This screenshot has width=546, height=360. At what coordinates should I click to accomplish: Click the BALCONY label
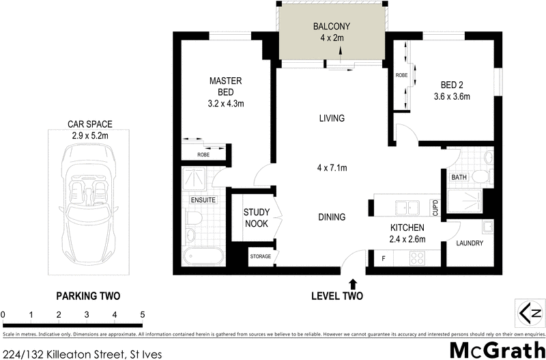pos(332,27)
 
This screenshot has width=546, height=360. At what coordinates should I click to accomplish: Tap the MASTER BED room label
pos(225,86)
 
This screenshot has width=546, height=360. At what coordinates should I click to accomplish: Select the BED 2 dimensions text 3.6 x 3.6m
pos(452,96)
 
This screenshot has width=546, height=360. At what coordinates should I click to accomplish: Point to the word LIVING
pos(332,118)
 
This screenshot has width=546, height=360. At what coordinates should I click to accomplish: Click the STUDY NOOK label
pos(257,217)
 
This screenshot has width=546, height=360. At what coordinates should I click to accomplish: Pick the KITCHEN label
pos(407,227)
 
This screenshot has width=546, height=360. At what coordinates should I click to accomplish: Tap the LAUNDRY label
pos(470,243)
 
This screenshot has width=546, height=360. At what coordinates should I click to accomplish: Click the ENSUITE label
pos(203,199)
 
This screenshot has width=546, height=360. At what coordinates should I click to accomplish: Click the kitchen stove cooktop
pos(416,258)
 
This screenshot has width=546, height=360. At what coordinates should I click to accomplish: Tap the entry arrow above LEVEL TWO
pos(353,282)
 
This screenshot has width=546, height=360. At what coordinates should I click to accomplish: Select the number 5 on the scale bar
pos(142,314)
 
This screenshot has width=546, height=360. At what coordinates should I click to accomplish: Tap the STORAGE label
pos(261,257)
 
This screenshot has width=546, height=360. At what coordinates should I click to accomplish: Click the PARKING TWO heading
pos(87,296)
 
